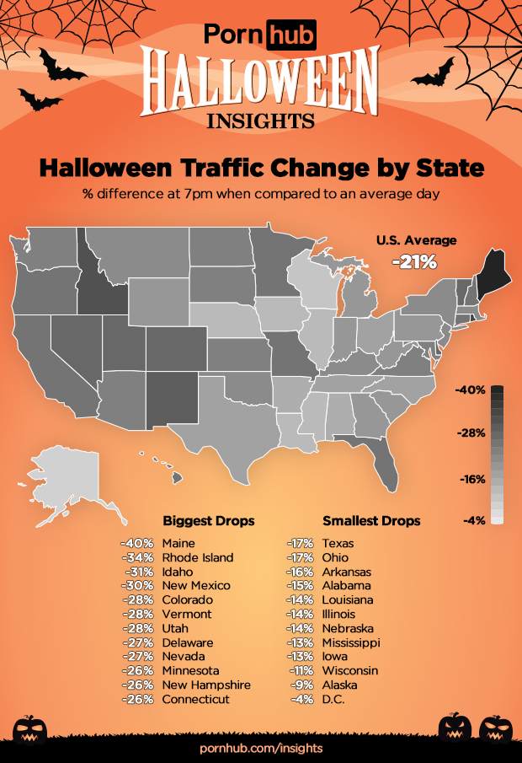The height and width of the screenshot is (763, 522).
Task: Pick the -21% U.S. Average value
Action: (x=415, y=262)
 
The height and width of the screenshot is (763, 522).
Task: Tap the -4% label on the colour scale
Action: (x=474, y=520)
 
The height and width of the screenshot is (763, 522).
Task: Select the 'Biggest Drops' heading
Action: (x=208, y=520)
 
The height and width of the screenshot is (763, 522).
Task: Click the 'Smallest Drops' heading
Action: (x=371, y=520)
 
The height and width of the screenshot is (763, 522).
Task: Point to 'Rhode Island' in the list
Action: (x=198, y=556)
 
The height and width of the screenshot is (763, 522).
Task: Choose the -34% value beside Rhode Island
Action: (x=136, y=556)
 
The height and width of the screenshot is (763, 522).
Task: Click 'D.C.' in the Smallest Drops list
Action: (x=334, y=700)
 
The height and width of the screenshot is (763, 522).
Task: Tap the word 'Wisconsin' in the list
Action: (x=350, y=671)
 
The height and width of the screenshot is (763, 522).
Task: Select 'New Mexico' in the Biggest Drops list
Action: (x=195, y=585)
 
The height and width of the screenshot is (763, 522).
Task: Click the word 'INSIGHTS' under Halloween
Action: (x=261, y=119)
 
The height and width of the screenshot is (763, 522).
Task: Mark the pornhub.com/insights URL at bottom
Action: (x=261, y=749)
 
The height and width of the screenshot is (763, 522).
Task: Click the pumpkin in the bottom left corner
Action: (x=32, y=728)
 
